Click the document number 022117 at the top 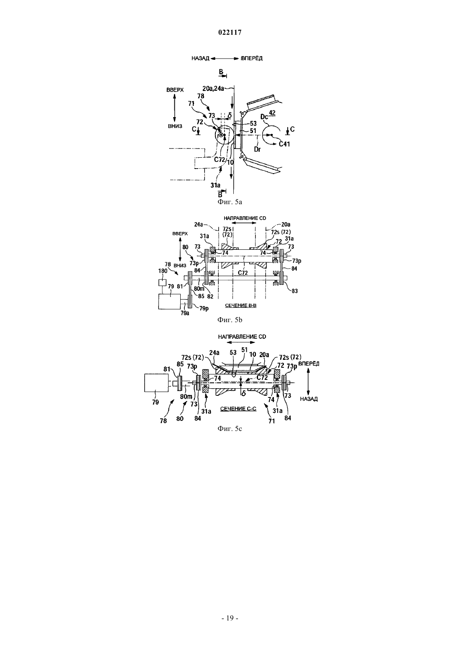230,33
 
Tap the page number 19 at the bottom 230,618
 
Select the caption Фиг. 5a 230,202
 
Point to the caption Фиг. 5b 230,320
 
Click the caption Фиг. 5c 230,429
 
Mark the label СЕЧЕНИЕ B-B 241,305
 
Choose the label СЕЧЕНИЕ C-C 238,409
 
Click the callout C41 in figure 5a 284,144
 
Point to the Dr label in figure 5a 257,149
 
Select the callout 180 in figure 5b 163,271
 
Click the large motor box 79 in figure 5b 169,301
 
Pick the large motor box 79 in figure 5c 156,383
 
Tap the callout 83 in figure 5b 294,291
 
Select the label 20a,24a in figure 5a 213,88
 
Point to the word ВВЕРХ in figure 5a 175,90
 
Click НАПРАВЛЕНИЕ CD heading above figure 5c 242,337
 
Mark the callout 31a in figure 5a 215,185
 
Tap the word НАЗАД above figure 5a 200,59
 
